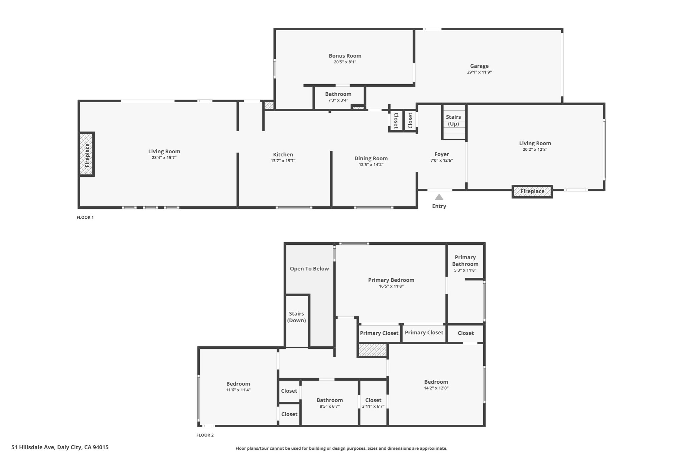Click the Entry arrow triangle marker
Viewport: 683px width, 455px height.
pyautogui.click(x=439, y=197)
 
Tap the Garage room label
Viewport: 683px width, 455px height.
pyautogui.click(x=479, y=66)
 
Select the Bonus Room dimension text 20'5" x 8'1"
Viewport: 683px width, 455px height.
pyautogui.click(x=345, y=62)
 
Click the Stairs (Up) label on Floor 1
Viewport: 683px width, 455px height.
pyautogui.click(x=453, y=120)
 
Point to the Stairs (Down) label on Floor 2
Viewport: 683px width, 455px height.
pyautogui.click(x=296, y=317)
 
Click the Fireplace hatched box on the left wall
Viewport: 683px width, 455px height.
pyautogui.click(x=87, y=154)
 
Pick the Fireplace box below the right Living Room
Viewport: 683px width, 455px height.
pyautogui.click(x=532, y=191)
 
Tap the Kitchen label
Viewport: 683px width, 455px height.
pyautogui.click(x=283, y=155)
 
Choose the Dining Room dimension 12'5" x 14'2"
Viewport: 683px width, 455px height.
pyautogui.click(x=371, y=165)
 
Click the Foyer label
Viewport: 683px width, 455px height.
pyautogui.click(x=442, y=154)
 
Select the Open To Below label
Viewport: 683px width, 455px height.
pyautogui.click(x=309, y=269)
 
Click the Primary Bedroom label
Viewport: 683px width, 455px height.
pyautogui.click(x=391, y=280)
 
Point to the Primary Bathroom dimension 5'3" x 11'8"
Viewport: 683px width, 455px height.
pyautogui.click(x=465, y=270)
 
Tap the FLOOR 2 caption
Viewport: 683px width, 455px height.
pyautogui.click(x=205, y=435)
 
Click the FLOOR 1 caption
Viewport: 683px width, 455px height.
pyautogui.click(x=85, y=217)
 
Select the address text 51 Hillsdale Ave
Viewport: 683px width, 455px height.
pyautogui.click(x=33, y=447)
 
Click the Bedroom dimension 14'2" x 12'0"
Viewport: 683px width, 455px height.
pyautogui.click(x=436, y=388)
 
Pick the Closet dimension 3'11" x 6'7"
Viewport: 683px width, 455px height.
pyautogui.click(x=373, y=406)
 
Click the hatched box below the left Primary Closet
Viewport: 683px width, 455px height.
pyautogui.click(x=373, y=350)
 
